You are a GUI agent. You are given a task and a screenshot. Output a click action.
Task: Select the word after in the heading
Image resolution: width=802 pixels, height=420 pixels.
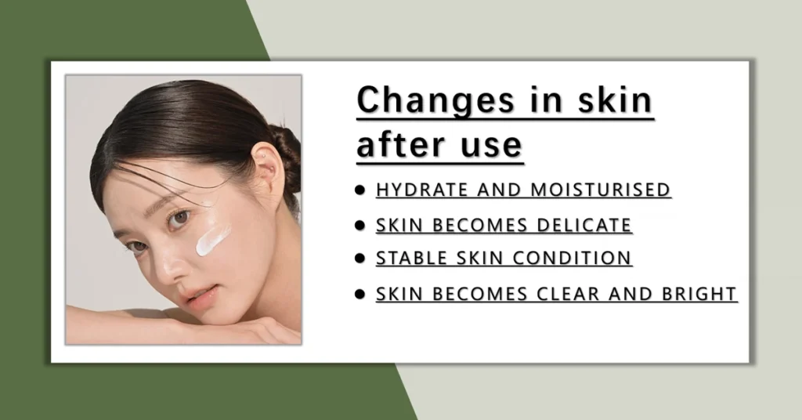click(x=400, y=144)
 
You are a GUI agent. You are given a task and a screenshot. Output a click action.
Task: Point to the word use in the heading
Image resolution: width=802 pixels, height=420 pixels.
click(x=491, y=146)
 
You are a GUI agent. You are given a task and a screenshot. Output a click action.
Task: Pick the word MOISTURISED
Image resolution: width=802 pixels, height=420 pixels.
click(x=601, y=190)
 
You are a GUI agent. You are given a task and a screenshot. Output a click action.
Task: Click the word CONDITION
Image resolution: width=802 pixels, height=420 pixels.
click(x=572, y=259)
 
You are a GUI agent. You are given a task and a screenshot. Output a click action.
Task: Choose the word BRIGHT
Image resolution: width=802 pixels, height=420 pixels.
click(x=699, y=294)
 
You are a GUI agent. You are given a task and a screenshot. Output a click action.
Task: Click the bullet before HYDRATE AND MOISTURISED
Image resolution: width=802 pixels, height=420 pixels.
click(x=359, y=190)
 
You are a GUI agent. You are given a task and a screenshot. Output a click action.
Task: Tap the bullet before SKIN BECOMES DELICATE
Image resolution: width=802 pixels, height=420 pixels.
click(x=359, y=226)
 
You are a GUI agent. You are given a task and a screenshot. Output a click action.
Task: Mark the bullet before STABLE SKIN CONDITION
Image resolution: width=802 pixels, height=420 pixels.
click(x=359, y=259)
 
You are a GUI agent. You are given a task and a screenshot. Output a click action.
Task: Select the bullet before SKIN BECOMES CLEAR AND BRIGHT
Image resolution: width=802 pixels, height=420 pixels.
click(x=359, y=294)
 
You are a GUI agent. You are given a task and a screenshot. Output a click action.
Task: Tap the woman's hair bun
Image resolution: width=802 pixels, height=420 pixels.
click(x=287, y=156)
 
